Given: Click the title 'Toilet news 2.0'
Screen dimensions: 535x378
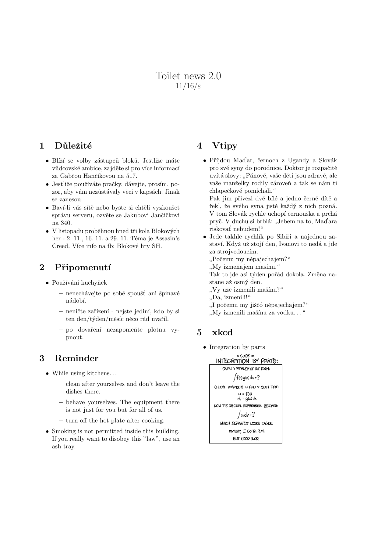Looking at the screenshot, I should [188, 76].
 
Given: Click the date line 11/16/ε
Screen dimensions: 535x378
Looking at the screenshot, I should [188, 86].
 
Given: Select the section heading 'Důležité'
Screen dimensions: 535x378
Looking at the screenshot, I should [73, 146].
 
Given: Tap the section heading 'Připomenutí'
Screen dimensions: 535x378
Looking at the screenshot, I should [83, 267].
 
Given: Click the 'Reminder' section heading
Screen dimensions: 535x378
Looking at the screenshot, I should [76, 358].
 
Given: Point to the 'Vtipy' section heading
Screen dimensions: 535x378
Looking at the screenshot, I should [224, 146].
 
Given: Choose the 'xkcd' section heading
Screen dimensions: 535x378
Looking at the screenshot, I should [222, 332].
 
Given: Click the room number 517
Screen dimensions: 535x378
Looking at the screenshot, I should [131, 176].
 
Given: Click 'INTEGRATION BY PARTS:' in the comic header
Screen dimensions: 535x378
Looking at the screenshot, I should [247, 361].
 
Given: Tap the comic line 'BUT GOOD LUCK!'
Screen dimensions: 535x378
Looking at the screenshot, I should [246, 439].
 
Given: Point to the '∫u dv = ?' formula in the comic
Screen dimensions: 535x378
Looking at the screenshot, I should [246, 415].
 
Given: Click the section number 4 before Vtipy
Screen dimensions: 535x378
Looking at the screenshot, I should [200, 146].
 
